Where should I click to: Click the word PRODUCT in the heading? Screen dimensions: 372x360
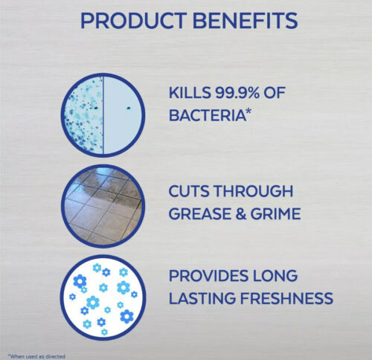point(133,21)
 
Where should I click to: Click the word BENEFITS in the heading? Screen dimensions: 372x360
point(245,21)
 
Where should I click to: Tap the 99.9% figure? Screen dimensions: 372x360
point(237,93)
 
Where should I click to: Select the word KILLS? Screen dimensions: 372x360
point(190,93)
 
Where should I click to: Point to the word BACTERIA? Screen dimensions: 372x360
point(207,115)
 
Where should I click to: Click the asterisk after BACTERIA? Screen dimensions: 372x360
point(248,112)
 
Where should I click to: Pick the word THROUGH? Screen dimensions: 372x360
point(253,191)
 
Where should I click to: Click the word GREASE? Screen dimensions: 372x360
point(200,213)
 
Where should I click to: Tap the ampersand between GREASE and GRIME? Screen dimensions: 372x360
point(241,213)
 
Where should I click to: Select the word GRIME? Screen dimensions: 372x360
point(275,213)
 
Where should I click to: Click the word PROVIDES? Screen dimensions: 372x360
point(208,275)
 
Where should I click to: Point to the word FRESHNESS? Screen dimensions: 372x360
point(287,298)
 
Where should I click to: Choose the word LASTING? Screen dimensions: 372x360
point(202,298)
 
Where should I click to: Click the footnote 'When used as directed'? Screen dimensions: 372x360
point(36,356)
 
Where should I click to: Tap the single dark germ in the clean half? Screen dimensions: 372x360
point(129,108)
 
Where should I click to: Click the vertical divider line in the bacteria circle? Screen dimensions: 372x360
point(103,115)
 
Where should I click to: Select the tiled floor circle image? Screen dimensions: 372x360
point(103,206)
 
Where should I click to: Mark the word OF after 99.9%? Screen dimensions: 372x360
point(275,93)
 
